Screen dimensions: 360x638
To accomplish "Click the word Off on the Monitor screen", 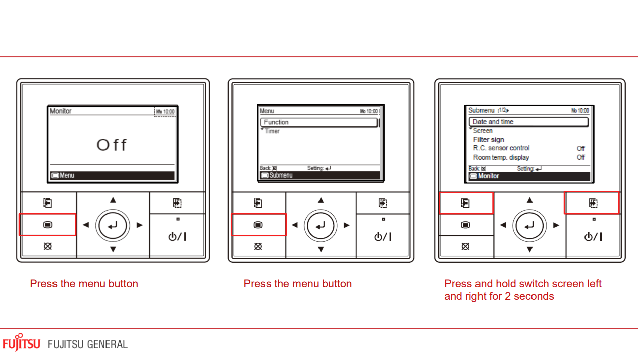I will click(x=112, y=145).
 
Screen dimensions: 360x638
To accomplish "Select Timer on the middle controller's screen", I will click(x=272, y=131).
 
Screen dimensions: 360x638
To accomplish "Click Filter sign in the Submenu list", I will click(x=489, y=140).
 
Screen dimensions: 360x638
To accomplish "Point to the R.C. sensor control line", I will click(x=501, y=148).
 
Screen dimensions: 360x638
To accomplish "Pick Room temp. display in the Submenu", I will click(x=501, y=157).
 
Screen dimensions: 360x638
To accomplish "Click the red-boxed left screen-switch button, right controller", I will click(x=465, y=203).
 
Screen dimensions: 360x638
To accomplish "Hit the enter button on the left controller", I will click(x=113, y=225).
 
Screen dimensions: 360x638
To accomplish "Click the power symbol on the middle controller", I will click(x=383, y=237).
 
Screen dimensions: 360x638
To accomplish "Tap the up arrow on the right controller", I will click(x=529, y=200).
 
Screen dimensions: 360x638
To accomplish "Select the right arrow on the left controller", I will click(x=140, y=225).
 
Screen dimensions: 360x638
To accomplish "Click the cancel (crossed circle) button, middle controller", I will click(x=258, y=246).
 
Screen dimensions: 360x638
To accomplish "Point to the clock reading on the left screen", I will click(x=165, y=112).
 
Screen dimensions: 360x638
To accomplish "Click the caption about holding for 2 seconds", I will click(x=522, y=290).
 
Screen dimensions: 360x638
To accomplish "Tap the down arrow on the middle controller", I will click(x=321, y=249).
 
